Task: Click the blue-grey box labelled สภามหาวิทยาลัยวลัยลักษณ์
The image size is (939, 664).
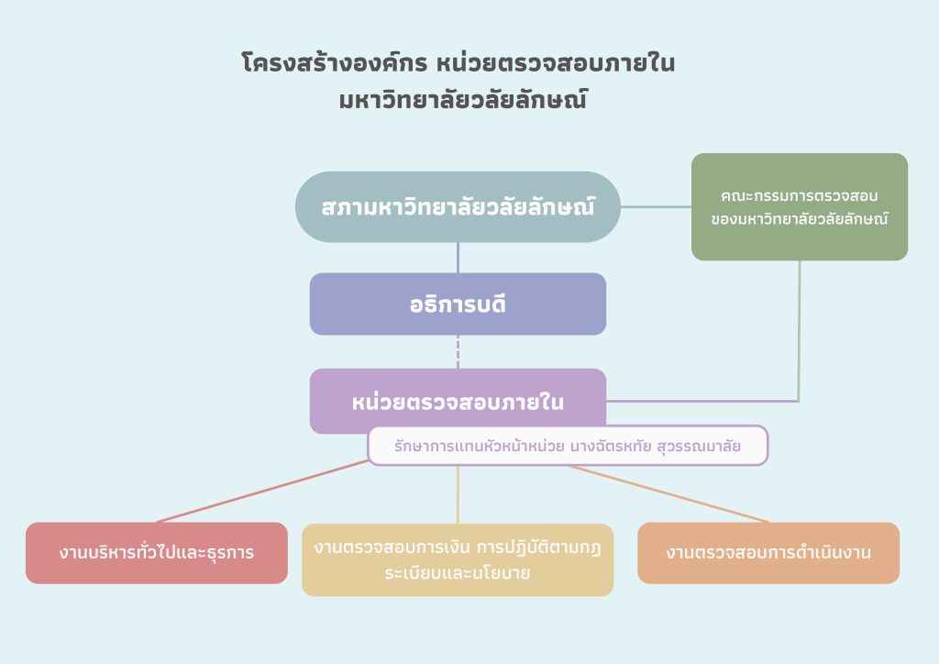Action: click(x=458, y=207)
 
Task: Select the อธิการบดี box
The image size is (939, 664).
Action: click(x=458, y=304)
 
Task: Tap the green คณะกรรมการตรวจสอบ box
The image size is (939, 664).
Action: click(x=800, y=206)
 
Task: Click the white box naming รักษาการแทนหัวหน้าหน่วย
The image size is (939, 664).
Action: click(x=568, y=446)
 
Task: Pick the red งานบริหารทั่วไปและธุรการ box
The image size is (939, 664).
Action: click(x=156, y=553)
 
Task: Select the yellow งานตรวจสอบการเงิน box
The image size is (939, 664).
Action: click(x=458, y=559)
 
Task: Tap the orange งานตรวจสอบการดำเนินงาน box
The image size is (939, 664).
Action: click(x=768, y=553)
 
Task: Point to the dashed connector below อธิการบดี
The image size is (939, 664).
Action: click(x=458, y=352)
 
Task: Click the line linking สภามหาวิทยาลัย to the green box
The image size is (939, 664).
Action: click(x=656, y=206)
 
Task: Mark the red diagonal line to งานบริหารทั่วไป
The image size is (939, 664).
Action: click(x=262, y=491)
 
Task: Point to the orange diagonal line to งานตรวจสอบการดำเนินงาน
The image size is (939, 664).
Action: click(x=668, y=494)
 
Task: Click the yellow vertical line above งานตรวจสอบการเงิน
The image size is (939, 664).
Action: click(x=458, y=494)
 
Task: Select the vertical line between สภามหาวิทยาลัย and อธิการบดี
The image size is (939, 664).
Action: click(x=458, y=258)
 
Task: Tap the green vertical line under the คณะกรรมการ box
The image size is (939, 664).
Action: click(x=800, y=330)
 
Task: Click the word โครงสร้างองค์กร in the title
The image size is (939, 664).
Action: click(x=334, y=63)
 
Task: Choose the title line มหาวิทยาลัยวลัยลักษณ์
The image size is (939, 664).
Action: click(x=463, y=99)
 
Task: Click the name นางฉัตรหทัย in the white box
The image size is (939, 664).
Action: click(x=610, y=446)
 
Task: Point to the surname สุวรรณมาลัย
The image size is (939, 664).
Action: click(x=699, y=447)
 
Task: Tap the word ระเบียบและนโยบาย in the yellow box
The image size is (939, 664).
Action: click(x=458, y=573)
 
